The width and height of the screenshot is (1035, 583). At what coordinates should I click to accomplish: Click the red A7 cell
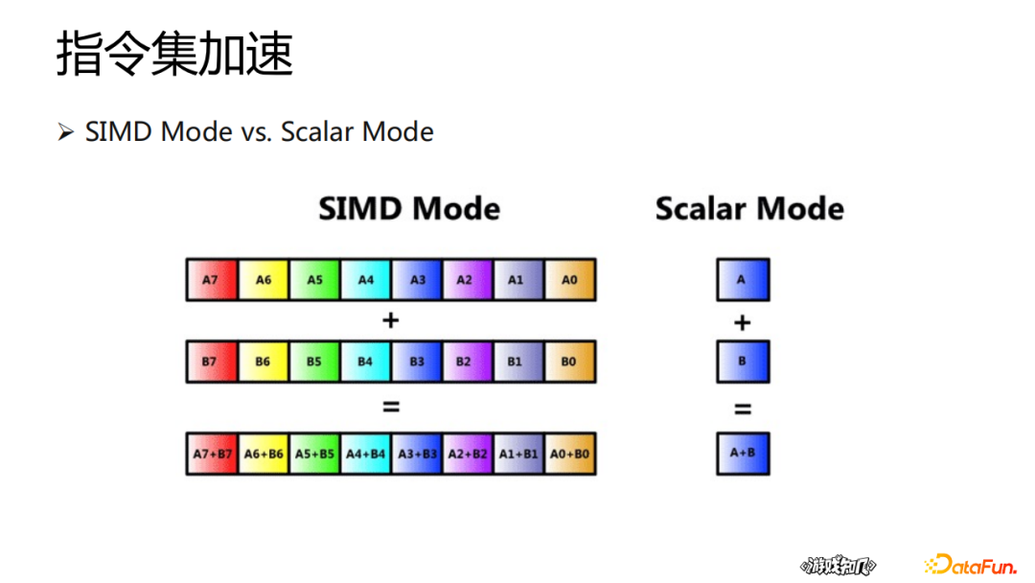point(212,280)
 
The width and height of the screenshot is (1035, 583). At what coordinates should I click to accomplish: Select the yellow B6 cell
point(264,361)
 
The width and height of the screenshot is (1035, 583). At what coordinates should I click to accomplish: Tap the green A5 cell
point(315,280)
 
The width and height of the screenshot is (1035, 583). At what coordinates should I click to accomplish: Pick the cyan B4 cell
point(366,361)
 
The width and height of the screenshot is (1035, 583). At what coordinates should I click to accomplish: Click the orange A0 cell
point(570,280)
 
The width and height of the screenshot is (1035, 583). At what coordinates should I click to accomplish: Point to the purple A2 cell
point(467,280)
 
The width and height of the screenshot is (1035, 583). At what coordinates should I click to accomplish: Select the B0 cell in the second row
point(570,361)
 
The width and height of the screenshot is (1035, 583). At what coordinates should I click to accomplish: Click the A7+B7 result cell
point(212,454)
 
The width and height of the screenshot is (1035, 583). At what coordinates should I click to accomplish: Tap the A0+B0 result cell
point(570,454)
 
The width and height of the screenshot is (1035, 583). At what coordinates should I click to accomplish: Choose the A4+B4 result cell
point(366,454)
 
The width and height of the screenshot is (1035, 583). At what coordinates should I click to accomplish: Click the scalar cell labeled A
point(743,280)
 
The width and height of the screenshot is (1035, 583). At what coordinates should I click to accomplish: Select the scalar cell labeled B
point(743,361)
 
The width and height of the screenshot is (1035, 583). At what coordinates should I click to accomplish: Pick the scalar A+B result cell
point(743,454)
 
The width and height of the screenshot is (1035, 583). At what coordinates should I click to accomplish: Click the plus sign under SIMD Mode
point(390,320)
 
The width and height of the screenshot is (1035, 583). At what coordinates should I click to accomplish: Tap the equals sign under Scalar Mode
point(743,409)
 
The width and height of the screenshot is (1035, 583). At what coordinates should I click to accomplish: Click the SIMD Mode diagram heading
point(409,209)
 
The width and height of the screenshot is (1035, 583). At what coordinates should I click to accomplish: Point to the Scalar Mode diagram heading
point(749,209)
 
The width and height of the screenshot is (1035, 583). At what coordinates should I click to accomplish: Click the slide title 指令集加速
point(174,54)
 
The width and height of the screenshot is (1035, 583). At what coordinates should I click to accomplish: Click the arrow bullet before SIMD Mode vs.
point(65,131)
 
